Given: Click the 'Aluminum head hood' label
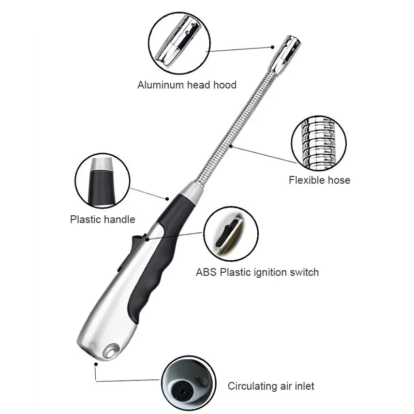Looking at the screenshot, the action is coord(187,85).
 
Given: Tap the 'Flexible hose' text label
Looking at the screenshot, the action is coord(319,180).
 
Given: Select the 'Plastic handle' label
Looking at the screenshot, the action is coord(102,219).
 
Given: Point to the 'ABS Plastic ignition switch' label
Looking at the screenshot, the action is coord(257,272).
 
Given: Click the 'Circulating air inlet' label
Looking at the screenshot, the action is coord(271,386).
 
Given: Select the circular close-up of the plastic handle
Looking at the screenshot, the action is coord(102,179).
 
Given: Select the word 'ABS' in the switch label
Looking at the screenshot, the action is coord(206,272).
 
